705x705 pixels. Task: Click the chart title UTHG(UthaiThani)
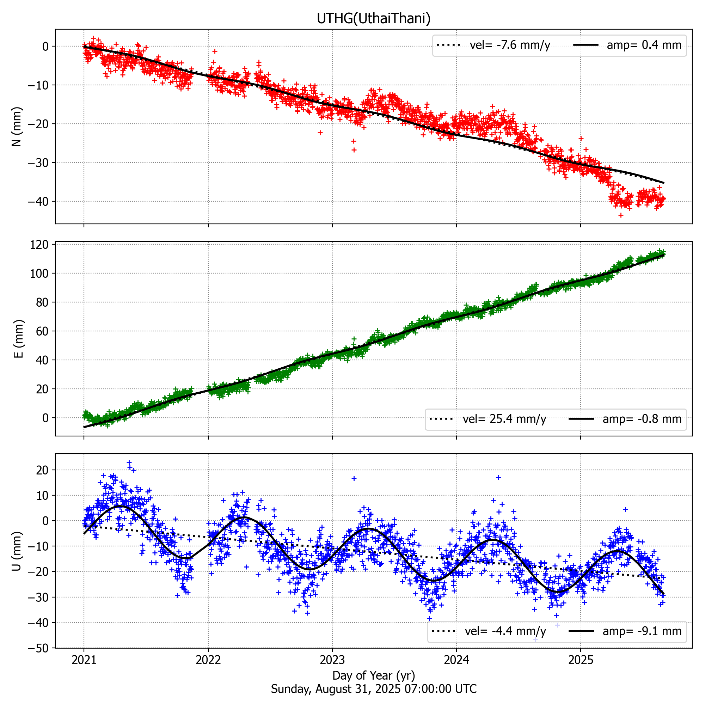(x=373, y=18)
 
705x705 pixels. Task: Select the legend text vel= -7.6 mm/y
(x=509, y=45)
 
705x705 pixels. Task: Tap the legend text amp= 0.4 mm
(x=644, y=45)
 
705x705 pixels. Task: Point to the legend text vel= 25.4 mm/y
(x=504, y=419)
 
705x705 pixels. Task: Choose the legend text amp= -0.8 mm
(x=642, y=419)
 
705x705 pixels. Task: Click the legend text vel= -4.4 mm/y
(x=505, y=631)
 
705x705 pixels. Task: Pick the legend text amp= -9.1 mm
(x=642, y=631)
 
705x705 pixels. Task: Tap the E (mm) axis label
(x=18, y=339)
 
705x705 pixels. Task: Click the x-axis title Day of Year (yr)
(x=373, y=675)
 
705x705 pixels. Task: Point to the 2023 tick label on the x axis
(x=332, y=660)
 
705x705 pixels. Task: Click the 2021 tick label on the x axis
(x=84, y=660)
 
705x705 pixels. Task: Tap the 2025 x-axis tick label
(x=580, y=660)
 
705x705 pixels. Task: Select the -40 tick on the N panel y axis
(x=38, y=201)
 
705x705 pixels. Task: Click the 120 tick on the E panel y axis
(x=39, y=245)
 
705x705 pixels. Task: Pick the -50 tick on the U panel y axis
(x=38, y=649)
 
